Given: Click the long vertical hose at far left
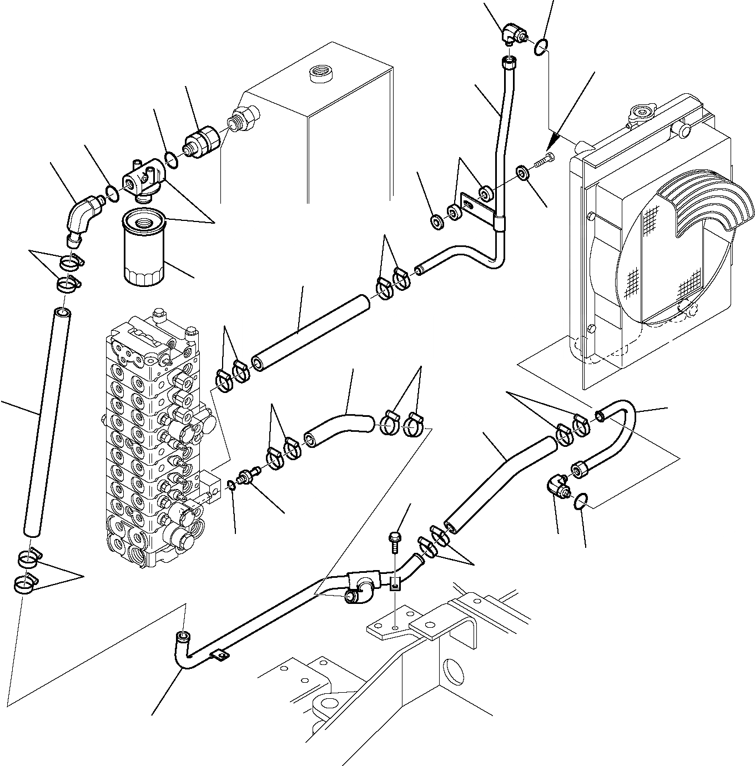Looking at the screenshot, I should point(47,422).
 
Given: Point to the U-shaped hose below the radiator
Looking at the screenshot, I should point(616,433).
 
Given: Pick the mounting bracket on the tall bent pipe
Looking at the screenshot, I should point(477,211).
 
